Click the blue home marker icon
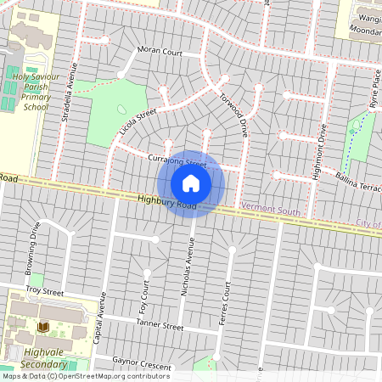pos(191,183)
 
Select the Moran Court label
pos(160,52)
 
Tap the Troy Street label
pos(45,290)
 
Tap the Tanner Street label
pos(160,325)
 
